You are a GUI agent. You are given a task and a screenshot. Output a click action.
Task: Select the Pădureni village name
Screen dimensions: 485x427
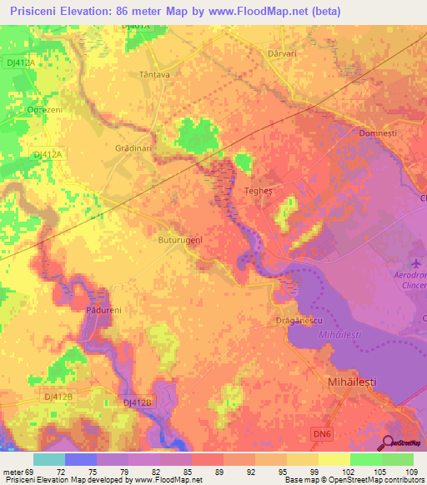pyautogui.click(x=104, y=310)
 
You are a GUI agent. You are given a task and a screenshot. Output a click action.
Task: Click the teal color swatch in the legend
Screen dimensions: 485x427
pyautogui.click(x=48, y=459)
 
